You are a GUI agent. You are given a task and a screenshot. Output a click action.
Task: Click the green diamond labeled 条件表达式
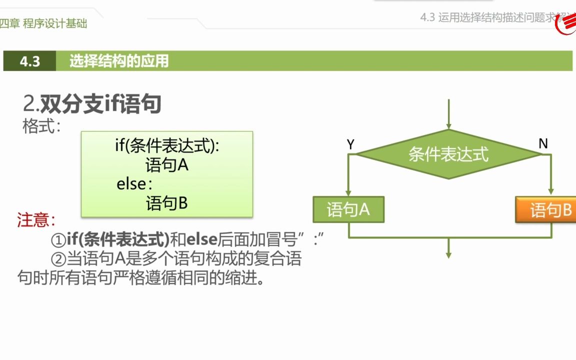click(x=448, y=154)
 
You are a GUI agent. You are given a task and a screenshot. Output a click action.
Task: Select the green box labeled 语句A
click(x=348, y=209)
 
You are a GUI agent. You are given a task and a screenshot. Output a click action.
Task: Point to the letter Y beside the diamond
click(x=350, y=144)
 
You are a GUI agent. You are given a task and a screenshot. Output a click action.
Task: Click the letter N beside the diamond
click(x=543, y=144)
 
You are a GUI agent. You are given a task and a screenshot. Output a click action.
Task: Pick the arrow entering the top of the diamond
click(x=448, y=114)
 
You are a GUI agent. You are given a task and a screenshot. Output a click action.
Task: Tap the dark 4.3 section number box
click(x=30, y=61)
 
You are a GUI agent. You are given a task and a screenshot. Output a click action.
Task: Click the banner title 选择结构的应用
click(x=119, y=61)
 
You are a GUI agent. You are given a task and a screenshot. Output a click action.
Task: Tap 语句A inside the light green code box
click(x=167, y=165)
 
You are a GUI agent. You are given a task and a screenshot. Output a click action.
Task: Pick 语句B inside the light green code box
click(x=167, y=203)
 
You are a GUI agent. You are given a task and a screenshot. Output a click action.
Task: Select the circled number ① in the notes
click(x=58, y=240)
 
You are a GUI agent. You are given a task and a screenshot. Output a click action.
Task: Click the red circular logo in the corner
click(x=567, y=24)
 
